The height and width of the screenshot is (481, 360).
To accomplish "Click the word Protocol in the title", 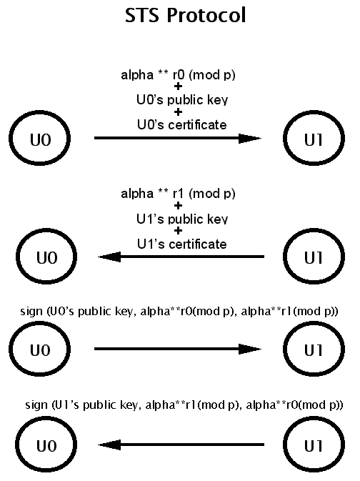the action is pyautogui.click(x=206, y=15).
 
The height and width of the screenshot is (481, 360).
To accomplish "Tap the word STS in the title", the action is pyautogui.click(x=142, y=15).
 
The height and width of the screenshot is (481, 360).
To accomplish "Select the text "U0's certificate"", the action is pyautogui.click(x=182, y=124).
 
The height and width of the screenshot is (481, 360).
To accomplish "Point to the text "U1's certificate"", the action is pyautogui.click(x=182, y=244).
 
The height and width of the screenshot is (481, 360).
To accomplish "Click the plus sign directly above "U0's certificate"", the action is pyautogui.click(x=178, y=112).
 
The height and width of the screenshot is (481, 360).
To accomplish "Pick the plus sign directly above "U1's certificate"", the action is pyautogui.click(x=178, y=231).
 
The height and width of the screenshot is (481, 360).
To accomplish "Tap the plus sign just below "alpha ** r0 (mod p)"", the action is pyautogui.click(x=178, y=86).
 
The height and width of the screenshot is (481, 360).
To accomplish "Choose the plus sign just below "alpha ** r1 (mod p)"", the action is pyautogui.click(x=178, y=206).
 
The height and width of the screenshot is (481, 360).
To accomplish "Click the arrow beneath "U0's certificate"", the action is pyautogui.click(x=178, y=138).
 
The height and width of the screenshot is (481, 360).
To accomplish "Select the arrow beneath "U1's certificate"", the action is pyautogui.click(x=181, y=257).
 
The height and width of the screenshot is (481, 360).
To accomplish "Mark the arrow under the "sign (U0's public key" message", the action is pyautogui.click(x=178, y=349).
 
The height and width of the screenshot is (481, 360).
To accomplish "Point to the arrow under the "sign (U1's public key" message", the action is pyautogui.click(x=181, y=445).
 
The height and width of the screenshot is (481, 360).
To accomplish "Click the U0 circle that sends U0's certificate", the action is pyautogui.click(x=40, y=112).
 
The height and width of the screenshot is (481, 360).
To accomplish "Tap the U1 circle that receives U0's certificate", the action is pyautogui.click(x=314, y=112).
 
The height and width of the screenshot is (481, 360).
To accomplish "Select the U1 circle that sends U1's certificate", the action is pyautogui.click(x=314, y=230).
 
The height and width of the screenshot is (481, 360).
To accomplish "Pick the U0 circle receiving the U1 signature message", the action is pyautogui.click(x=46, y=418).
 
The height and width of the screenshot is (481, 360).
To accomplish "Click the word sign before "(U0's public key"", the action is pyautogui.click(x=31, y=312).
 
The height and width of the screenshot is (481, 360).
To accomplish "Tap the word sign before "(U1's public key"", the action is pyautogui.click(x=36, y=405).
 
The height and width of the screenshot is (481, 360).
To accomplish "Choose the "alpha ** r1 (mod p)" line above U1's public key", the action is pyautogui.click(x=178, y=194).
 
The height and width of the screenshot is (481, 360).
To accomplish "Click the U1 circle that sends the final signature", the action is pyautogui.click(x=314, y=418).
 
